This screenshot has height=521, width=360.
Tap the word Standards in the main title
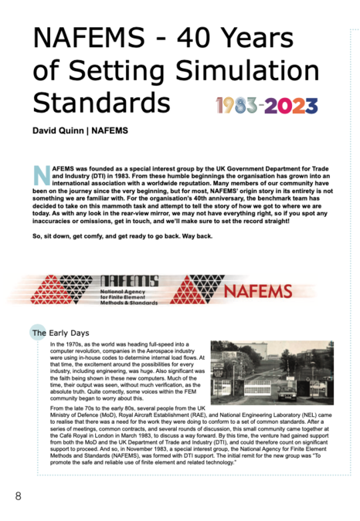click(101, 103)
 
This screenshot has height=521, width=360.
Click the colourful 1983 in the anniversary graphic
click(237, 105)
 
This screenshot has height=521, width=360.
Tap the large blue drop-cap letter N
click(41, 174)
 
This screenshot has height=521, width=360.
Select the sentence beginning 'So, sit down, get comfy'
click(123, 235)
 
